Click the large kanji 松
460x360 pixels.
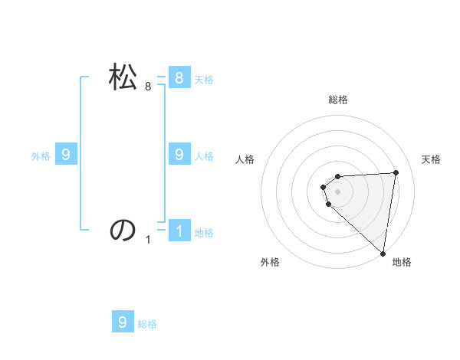[123, 77]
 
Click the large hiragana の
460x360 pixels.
[123, 230]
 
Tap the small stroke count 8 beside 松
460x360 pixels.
[148, 87]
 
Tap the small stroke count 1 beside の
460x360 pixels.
[148, 240]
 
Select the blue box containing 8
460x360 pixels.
[179, 77]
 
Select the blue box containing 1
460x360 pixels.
[179, 231]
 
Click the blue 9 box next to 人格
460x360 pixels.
[179, 155]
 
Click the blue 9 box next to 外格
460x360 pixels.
[65, 155]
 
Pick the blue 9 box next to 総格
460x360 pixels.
[123, 322]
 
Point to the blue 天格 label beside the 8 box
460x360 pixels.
[204, 79]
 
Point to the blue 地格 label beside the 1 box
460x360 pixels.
[204, 233]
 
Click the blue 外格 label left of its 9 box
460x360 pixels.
[41, 156]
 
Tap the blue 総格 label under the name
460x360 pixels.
[147, 324]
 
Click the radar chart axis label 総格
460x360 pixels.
[337, 100]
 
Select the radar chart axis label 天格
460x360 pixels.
[432, 159]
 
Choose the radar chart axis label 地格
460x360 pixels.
[402, 263]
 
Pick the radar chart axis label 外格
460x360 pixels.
[270, 263]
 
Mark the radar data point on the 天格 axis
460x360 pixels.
[396, 172]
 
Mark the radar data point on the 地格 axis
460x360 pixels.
[383, 253]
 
